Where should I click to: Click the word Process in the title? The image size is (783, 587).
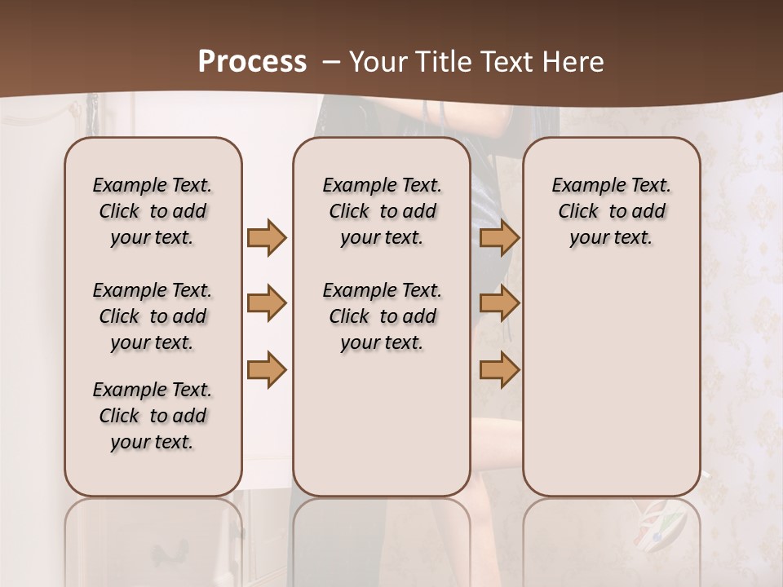click(x=252, y=62)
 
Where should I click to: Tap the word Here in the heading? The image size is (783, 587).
click(x=574, y=62)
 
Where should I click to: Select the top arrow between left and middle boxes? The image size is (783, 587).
click(x=267, y=238)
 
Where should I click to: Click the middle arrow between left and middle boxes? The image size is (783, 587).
click(x=267, y=303)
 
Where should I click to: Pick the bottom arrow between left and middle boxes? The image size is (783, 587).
click(x=267, y=369)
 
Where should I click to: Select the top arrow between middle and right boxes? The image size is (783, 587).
click(x=499, y=238)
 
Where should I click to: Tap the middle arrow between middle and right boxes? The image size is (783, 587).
click(x=499, y=303)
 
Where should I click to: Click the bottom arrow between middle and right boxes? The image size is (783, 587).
click(x=499, y=369)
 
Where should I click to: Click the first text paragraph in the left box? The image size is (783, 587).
click(x=153, y=211)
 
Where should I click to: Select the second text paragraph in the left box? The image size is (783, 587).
click(x=153, y=316)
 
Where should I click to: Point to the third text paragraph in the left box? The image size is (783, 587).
click(x=153, y=416)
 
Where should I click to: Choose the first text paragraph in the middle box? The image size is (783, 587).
click(x=382, y=211)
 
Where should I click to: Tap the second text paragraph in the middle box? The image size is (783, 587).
click(x=382, y=316)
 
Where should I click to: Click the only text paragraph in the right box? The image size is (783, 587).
click(x=611, y=211)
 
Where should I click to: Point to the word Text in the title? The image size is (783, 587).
click(x=509, y=62)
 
